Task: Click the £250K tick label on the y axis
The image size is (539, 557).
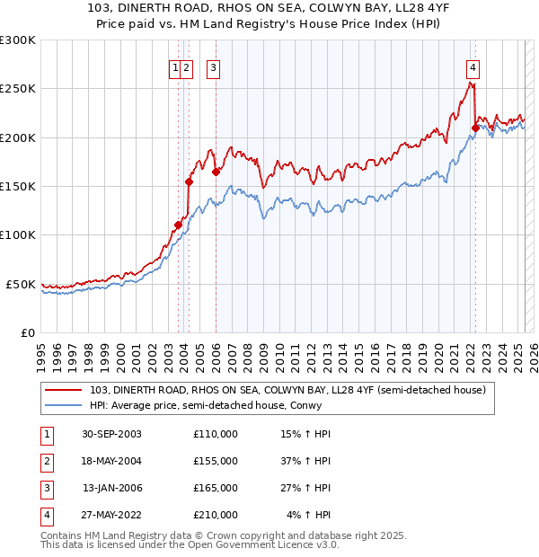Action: tap(18, 89)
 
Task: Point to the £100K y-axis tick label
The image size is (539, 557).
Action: tap(18, 235)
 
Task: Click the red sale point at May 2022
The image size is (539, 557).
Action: tap(475, 128)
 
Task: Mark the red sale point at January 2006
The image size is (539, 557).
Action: tap(216, 172)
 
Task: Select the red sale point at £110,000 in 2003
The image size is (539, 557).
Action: tap(178, 225)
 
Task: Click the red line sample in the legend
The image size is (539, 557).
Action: tap(65, 390)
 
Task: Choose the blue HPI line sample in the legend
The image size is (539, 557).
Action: tap(65, 404)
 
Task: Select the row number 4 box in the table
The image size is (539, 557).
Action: tap(44, 515)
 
